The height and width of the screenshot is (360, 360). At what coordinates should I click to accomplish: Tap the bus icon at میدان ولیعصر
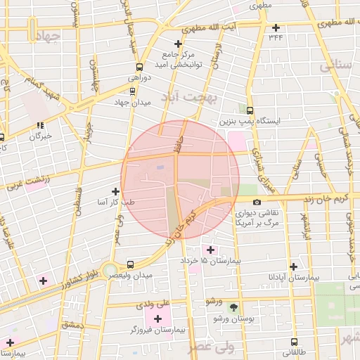coord(130,264)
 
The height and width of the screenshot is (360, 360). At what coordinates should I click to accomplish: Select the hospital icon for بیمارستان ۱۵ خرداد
coord(210,250)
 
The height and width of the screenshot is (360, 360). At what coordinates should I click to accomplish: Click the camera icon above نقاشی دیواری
coord(257,202)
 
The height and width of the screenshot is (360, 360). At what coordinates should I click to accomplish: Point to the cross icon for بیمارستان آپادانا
coord(293,266)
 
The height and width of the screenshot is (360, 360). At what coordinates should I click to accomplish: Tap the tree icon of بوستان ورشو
coord(234,307)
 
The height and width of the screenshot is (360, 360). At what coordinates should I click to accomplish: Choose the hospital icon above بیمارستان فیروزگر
coord(157,319)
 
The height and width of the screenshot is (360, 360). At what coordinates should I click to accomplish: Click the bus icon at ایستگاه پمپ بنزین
coord(250,110)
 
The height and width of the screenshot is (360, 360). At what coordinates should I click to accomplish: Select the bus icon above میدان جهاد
coord(132,91)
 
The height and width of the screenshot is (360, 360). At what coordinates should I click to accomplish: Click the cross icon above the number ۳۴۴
coord(276,27)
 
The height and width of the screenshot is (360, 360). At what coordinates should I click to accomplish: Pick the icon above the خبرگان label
coord(40,125)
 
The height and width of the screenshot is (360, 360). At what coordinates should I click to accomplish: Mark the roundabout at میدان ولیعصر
coord(109,270)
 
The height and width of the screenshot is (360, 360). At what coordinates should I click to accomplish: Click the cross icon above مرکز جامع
coord(178,44)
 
